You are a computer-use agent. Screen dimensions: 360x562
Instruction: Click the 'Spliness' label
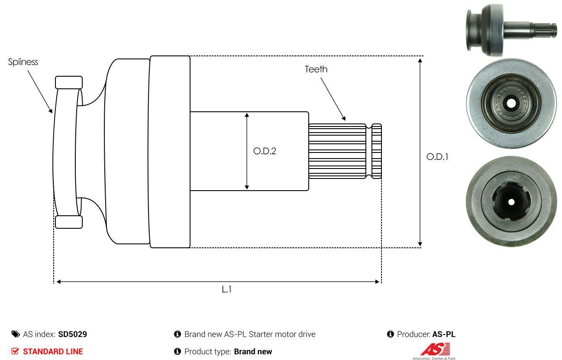tap(23, 62)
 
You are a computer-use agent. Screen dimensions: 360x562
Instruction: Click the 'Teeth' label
tap(316, 69)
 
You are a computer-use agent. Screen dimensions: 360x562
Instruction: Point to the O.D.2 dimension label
tap(265, 151)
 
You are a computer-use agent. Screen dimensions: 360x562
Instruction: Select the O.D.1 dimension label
tap(437, 157)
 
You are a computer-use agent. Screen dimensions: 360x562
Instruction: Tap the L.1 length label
tap(226, 289)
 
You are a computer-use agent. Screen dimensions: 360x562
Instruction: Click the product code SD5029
tap(72, 334)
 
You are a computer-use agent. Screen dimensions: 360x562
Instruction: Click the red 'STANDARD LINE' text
tap(53, 351)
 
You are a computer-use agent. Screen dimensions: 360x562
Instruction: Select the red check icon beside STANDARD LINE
tap(15, 351)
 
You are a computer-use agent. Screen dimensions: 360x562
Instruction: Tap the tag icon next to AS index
tap(16, 334)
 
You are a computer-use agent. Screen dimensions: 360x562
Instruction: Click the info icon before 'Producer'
tap(390, 334)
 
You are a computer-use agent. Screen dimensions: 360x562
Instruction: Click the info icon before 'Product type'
tap(177, 351)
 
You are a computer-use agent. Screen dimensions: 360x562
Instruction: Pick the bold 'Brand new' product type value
tap(253, 351)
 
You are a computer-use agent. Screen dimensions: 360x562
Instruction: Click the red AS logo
tap(435, 349)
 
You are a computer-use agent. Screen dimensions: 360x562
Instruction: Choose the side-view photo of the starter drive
tap(511, 30)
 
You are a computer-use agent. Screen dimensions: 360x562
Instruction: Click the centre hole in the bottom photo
tap(511, 202)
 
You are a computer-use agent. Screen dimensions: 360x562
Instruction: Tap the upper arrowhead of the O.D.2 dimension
tap(247, 115)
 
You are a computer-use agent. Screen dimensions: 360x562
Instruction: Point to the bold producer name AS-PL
tap(444, 334)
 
